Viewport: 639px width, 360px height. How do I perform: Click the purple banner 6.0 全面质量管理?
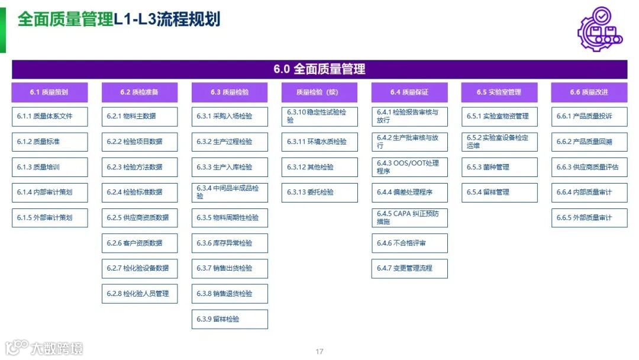(319, 69)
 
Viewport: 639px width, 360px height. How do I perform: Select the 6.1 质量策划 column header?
(50, 92)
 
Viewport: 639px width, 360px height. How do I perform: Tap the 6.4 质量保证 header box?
(409, 92)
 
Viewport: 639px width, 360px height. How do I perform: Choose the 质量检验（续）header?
(319, 92)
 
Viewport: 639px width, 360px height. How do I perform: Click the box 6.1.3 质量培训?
(50, 167)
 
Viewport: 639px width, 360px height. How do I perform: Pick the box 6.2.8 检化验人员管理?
(140, 294)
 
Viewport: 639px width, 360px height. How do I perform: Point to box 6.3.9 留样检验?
(230, 319)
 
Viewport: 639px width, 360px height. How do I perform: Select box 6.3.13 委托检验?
(319, 192)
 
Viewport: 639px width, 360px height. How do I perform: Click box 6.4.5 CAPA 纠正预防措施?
(409, 217)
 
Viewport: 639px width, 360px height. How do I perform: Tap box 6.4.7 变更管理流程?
(409, 268)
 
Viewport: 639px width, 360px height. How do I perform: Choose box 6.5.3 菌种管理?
(499, 167)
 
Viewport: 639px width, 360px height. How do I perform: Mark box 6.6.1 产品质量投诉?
(589, 116)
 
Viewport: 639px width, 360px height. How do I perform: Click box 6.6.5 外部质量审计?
(589, 217)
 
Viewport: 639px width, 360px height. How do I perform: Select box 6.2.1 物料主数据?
(140, 116)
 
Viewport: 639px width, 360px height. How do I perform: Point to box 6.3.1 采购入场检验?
(230, 116)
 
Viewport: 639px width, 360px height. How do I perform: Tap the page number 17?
(319, 352)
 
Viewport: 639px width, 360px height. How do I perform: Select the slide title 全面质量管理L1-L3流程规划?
(119, 19)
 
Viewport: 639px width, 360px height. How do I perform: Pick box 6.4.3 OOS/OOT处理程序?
(409, 167)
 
